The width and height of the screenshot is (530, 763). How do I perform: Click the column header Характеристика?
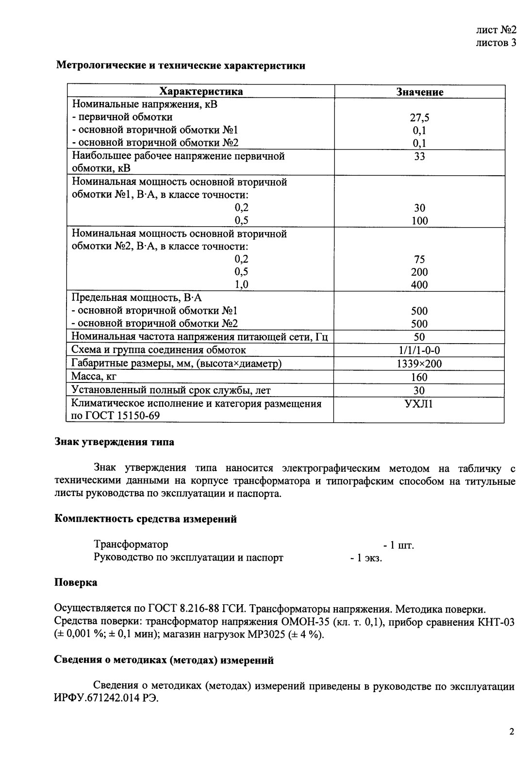201,92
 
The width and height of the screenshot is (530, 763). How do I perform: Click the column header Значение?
419,92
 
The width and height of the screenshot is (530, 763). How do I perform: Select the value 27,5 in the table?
419,117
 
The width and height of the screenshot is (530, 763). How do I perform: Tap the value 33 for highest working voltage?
419,156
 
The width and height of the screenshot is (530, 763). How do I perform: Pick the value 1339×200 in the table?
419,364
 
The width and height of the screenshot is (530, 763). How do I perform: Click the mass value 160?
419,377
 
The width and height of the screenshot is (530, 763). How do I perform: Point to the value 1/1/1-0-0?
419,350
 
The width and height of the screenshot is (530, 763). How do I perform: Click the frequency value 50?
419,337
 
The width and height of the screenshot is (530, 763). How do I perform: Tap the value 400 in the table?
419,285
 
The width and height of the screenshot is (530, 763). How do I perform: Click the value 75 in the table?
419,259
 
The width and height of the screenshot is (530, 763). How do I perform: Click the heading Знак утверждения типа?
114,442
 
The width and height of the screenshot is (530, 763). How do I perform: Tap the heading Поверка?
76,582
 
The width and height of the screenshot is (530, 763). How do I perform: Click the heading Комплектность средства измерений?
146,519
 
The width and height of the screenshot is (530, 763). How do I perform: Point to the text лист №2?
496,30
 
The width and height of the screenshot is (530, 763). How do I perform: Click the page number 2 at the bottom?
512,732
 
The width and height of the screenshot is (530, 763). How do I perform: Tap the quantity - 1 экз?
366,558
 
